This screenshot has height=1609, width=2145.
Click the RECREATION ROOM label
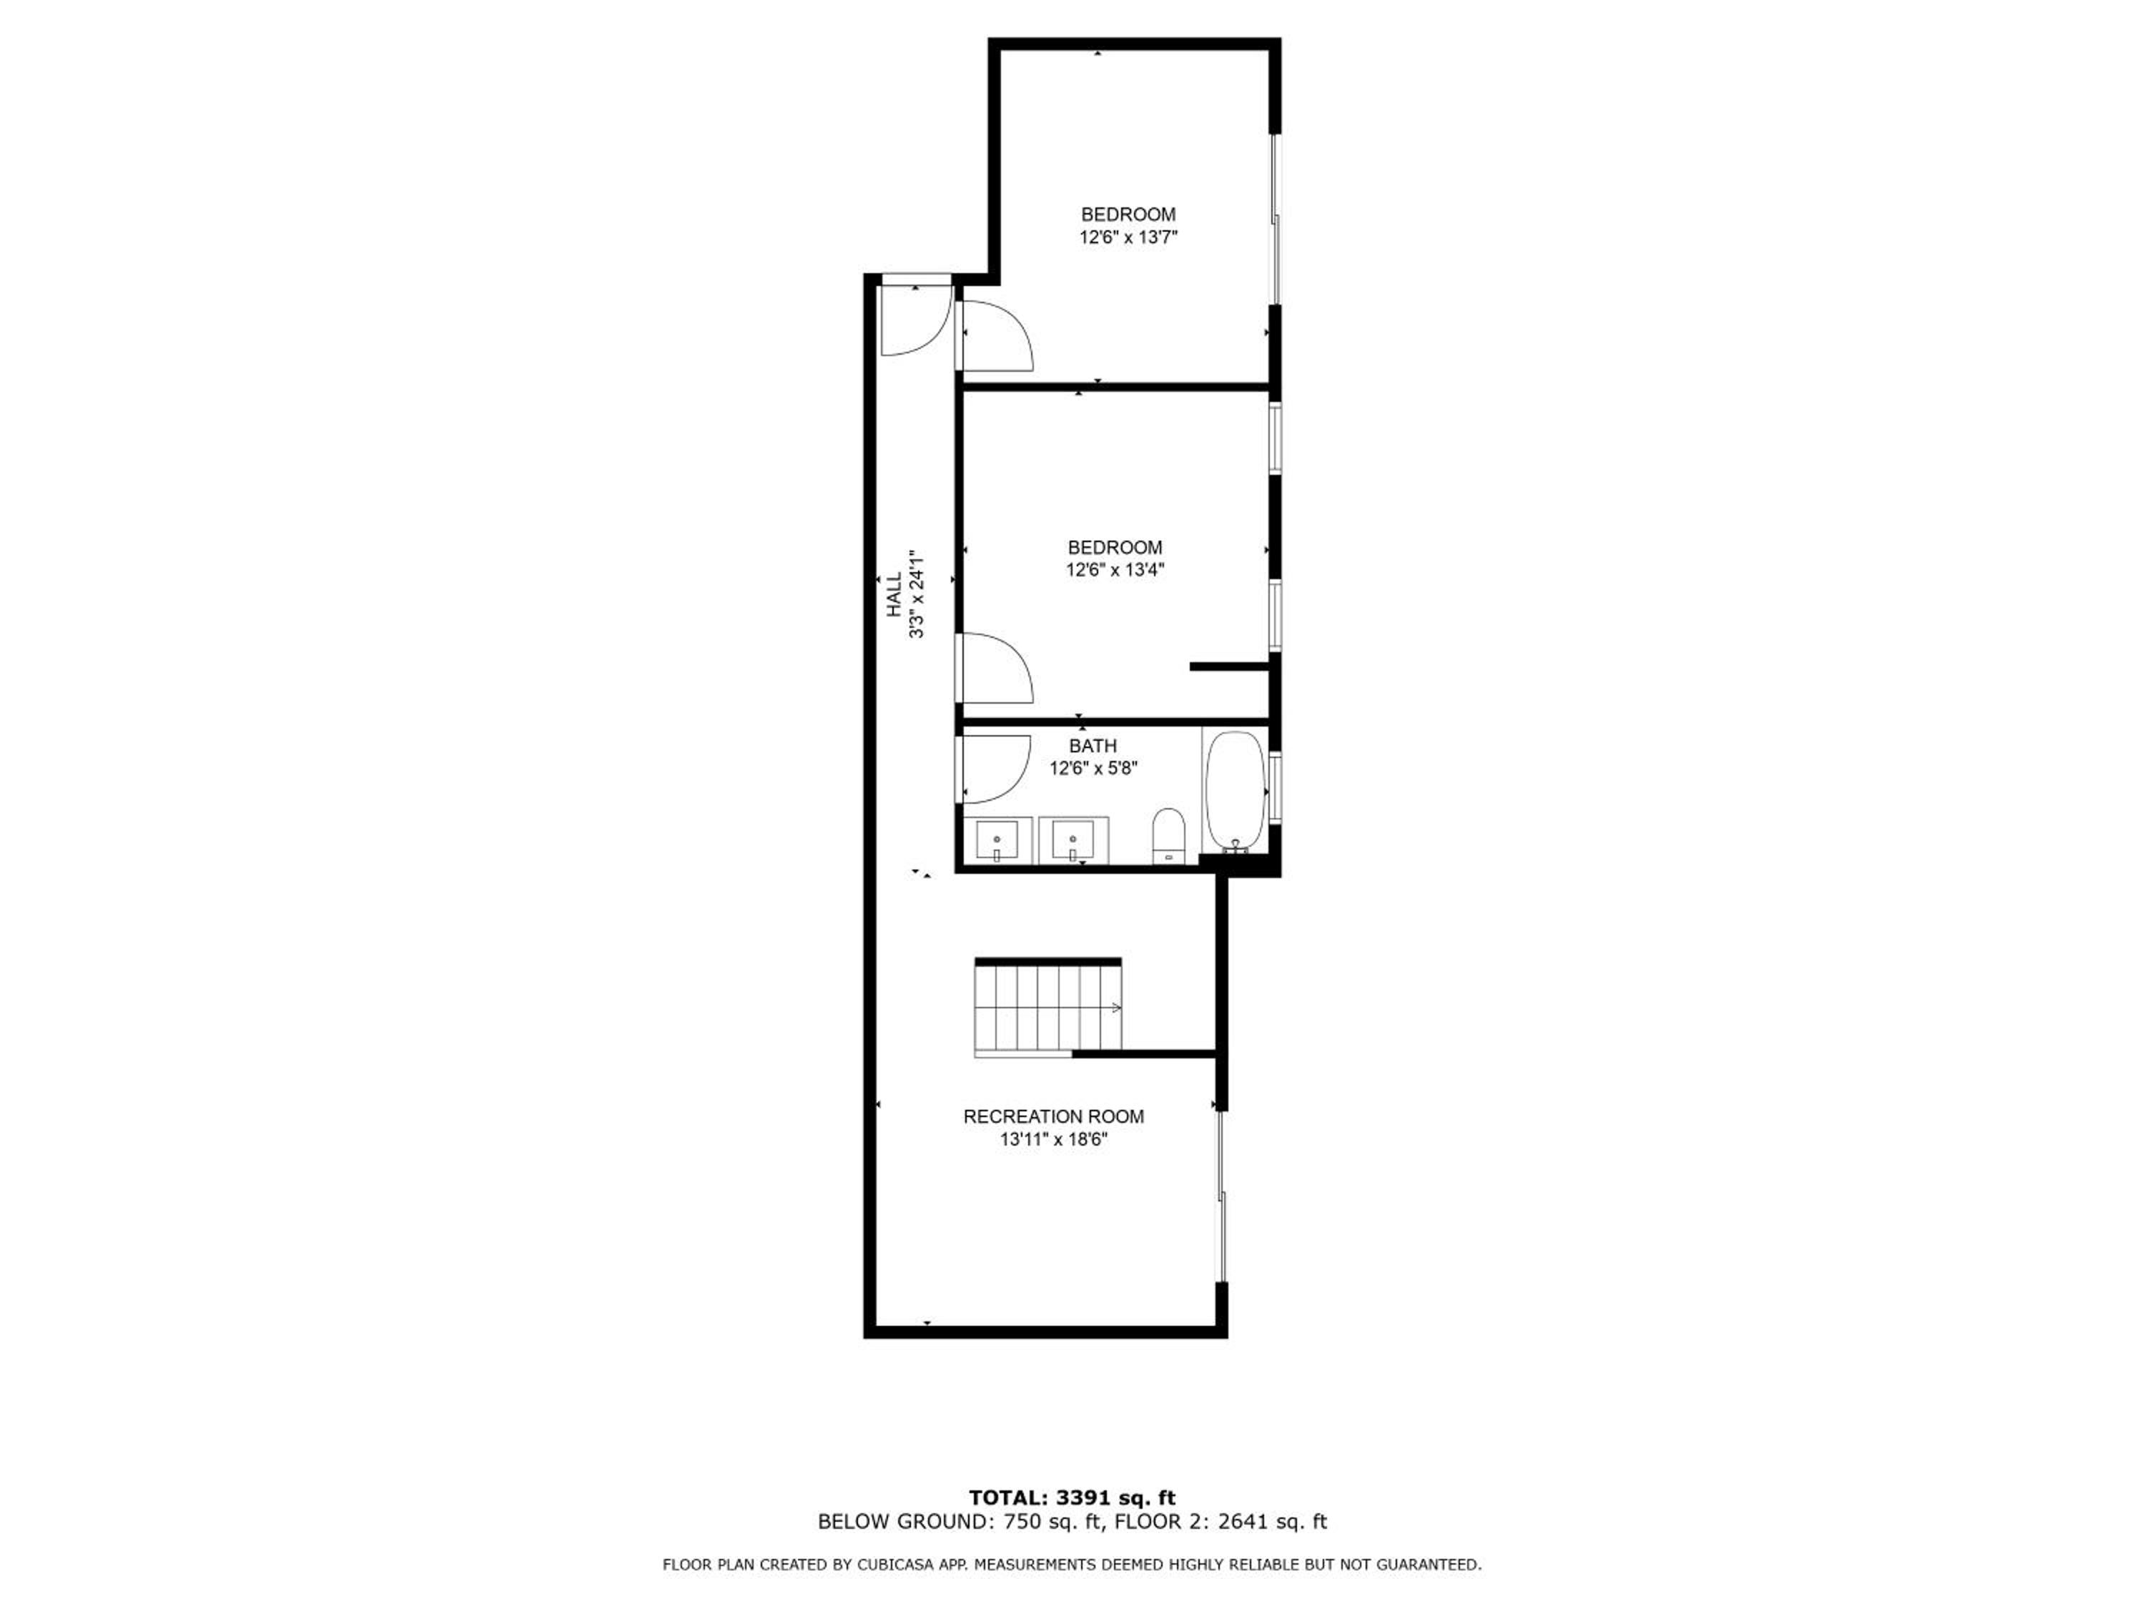tap(1053, 1116)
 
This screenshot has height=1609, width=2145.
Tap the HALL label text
tap(893, 594)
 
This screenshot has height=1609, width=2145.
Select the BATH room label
tap(1093, 746)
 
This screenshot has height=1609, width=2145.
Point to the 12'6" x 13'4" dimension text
tap(1115, 569)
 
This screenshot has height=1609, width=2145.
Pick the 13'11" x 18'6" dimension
tap(1054, 1140)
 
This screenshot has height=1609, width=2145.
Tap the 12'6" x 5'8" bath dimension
tap(1093, 768)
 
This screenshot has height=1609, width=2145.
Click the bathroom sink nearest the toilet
tap(1072, 840)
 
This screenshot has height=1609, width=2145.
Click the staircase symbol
tap(1048, 1008)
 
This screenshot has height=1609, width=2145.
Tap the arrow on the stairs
tap(1115, 1008)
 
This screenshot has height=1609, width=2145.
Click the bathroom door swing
tap(993, 769)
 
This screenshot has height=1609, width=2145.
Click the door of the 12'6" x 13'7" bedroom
tap(995, 335)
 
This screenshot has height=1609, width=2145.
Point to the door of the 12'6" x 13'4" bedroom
tap(995, 667)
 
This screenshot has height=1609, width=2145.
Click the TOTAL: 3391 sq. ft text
tap(1072, 1498)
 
